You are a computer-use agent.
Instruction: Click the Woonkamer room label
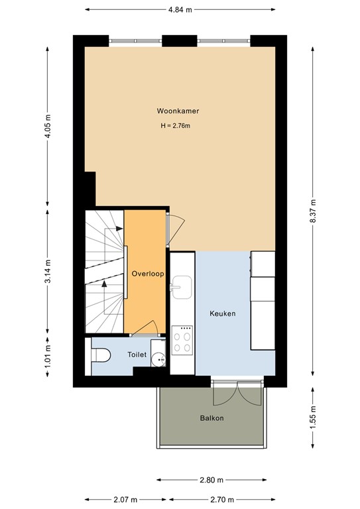coord(178,111)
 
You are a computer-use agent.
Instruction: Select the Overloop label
coord(147,273)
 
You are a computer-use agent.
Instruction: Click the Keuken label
coord(223,313)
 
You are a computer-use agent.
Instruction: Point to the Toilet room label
coord(137,355)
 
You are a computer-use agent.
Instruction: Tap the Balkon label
coord(212,418)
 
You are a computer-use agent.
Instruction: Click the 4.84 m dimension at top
coord(180,10)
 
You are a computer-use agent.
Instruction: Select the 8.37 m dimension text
coord(314,212)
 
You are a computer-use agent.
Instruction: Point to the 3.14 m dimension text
coord(47,274)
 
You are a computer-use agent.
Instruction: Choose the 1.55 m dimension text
coord(314,418)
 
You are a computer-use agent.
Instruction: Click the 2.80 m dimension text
coord(212,479)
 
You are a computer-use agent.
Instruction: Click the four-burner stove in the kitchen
coord(182,341)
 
